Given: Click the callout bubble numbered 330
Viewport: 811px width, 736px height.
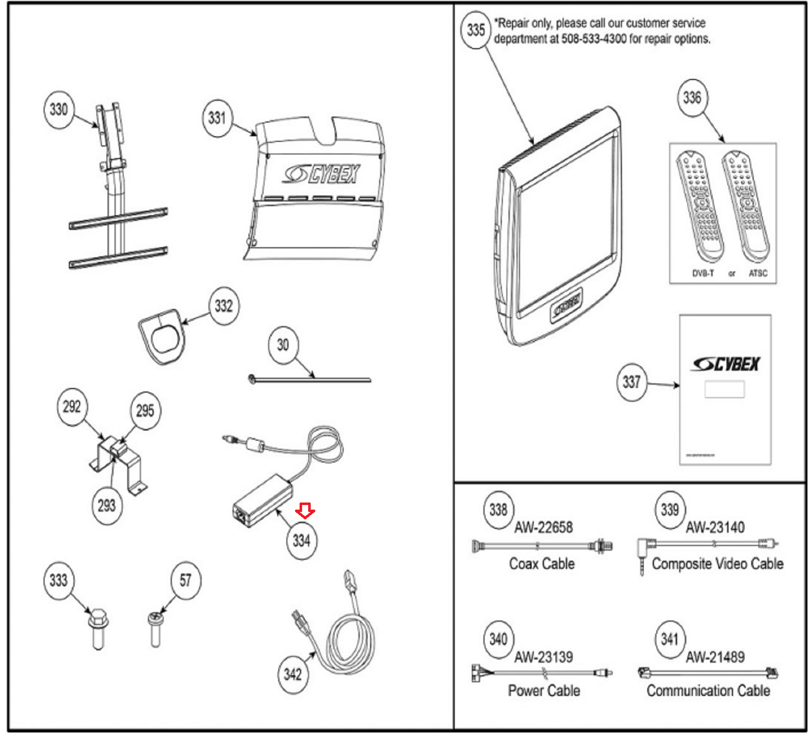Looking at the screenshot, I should pos(59,109).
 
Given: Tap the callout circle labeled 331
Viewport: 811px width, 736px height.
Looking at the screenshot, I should pos(217,118).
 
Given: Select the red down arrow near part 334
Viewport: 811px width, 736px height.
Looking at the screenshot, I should pos(305,511).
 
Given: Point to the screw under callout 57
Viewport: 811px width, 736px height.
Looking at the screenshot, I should pos(155,630).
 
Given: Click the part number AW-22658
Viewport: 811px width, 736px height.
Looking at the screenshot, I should pos(543,527).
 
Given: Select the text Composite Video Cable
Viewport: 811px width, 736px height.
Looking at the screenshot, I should pos(717,563).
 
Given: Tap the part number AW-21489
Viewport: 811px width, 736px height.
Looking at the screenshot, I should pos(715,657).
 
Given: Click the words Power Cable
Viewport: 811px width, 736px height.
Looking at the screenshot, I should pos(544,690).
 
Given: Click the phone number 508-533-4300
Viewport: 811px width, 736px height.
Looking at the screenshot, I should pos(594,39).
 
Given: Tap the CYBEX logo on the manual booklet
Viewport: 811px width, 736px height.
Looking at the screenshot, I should pos(726,364).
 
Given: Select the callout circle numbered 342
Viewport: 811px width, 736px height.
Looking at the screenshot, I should pos(292,674).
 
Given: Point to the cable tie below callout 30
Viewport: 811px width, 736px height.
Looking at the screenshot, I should pos(310,379).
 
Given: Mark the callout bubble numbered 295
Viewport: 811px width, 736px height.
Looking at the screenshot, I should pos(145,410).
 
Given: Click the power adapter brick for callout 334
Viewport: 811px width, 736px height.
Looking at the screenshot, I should pos(263,501).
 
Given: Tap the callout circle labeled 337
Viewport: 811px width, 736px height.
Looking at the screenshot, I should pos(632,382).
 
